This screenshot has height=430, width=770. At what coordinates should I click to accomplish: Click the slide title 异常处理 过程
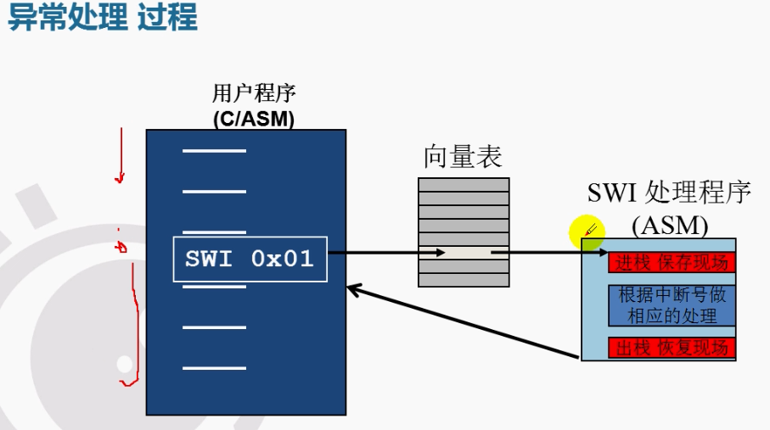(x=102, y=18)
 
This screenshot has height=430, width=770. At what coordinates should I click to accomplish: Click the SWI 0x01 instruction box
(x=250, y=259)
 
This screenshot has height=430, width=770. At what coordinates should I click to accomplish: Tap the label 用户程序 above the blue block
(x=253, y=93)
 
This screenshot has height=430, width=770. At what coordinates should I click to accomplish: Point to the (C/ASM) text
(x=253, y=120)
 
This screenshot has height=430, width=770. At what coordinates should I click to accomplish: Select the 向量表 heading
(x=463, y=157)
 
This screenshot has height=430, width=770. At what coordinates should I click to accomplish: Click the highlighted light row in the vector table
(x=464, y=253)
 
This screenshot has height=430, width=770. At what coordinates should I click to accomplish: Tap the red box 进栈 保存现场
(x=672, y=263)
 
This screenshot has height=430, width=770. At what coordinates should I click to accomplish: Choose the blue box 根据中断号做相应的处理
(x=672, y=305)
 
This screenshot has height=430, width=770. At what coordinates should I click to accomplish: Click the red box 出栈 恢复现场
(x=672, y=348)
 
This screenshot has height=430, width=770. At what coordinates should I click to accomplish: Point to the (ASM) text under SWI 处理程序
(x=669, y=225)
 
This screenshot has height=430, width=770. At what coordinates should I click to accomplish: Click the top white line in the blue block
(x=214, y=152)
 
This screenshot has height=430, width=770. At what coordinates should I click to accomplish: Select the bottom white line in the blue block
(x=214, y=367)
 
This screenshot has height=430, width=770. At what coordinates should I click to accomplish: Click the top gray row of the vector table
(x=464, y=184)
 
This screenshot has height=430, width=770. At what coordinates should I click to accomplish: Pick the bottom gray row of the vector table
(x=464, y=280)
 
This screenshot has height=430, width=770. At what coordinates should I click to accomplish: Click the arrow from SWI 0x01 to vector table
(x=374, y=253)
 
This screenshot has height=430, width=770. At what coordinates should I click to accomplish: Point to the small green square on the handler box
(x=589, y=244)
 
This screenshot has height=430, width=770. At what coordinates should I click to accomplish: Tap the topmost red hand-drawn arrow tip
(x=121, y=180)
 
